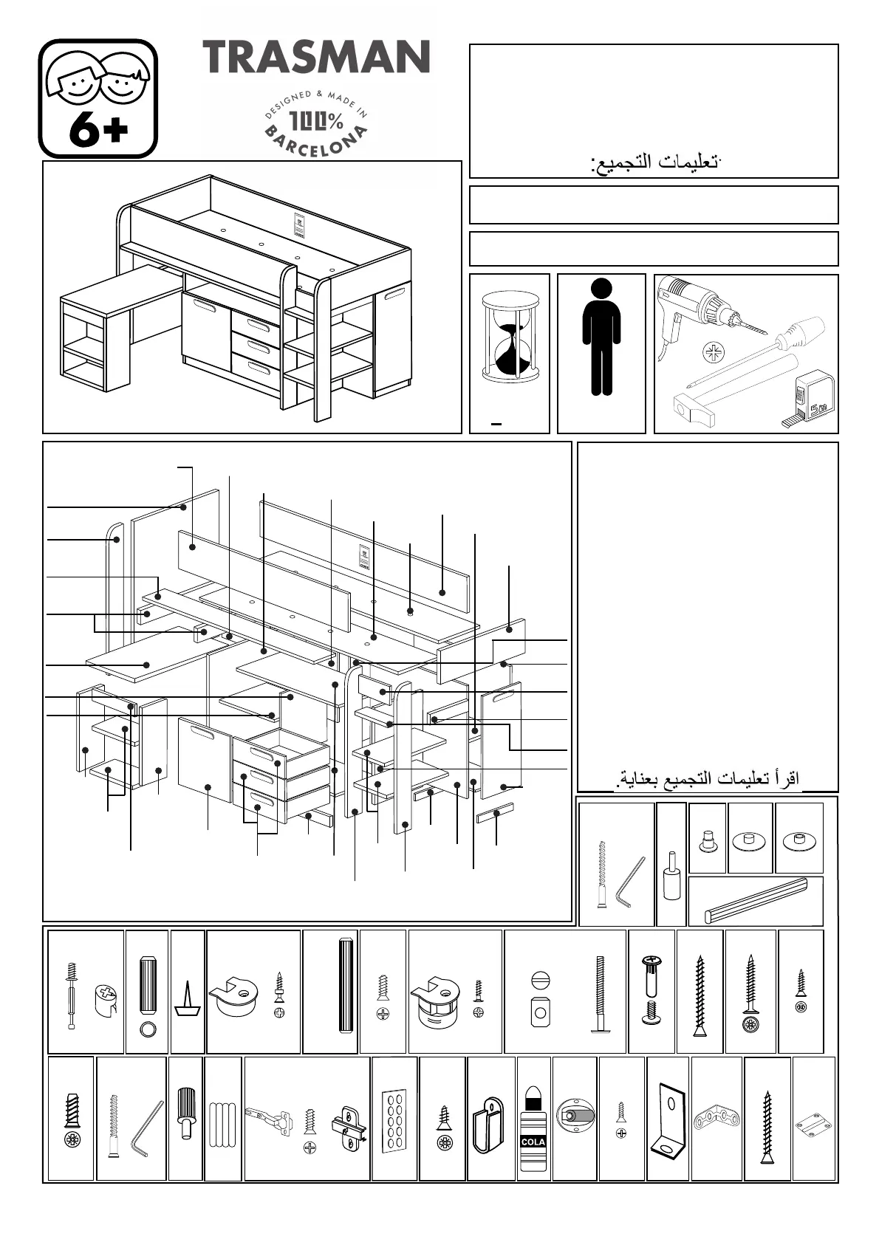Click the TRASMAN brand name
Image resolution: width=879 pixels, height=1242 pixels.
point(316,58)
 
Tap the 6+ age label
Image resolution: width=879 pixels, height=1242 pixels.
point(98,131)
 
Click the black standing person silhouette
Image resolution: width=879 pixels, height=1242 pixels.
point(601,337)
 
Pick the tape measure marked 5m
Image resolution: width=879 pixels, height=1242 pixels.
point(813,399)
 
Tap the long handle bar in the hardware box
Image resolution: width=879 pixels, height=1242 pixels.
point(755,902)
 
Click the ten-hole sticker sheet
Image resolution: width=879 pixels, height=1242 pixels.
point(394,1119)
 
